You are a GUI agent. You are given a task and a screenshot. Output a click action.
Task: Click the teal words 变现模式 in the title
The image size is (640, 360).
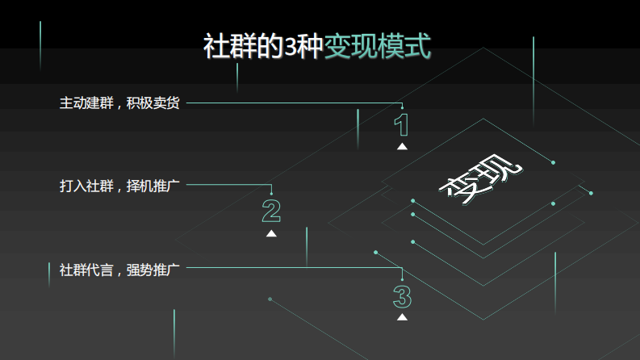[377, 47]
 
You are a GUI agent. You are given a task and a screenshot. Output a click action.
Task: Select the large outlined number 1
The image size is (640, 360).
[401, 125]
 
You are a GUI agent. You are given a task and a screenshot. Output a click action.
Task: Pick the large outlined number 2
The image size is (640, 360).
[271, 211]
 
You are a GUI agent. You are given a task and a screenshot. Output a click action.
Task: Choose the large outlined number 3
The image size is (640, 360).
[402, 296]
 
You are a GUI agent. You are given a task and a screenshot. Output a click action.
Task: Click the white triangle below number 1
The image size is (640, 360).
[402, 146]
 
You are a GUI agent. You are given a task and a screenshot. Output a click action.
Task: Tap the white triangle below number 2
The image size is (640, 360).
[271, 233]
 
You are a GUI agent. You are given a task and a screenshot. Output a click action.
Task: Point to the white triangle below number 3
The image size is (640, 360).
[402, 317]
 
